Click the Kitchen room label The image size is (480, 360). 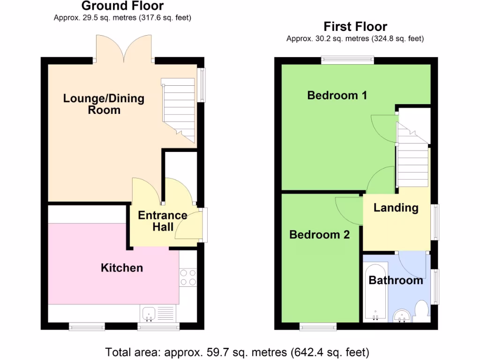pos(122,268)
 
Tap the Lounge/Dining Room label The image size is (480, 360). pos(104,104)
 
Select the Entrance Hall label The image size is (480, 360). pos(162,221)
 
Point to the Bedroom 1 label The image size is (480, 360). pos(337,95)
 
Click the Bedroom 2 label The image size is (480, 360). pos(319,234)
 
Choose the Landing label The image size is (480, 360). pos(396,207)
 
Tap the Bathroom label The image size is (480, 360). pos(396,280)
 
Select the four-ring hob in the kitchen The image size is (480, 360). pos(188,277)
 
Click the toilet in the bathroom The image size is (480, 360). pos(421,311)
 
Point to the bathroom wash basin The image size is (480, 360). pos(401,316)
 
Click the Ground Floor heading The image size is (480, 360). pos(122,6)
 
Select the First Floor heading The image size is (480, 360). pos(355,26)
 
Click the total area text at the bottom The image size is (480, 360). pos(237,352)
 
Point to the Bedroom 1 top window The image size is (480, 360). pos(347,60)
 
